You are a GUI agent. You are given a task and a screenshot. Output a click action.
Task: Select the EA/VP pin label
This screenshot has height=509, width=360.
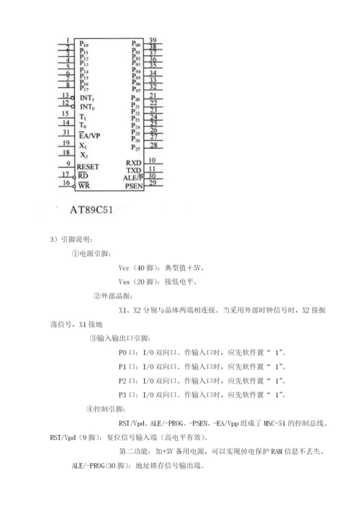tap(91, 135)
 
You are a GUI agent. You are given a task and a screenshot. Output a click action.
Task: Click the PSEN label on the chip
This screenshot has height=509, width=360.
tap(133, 186)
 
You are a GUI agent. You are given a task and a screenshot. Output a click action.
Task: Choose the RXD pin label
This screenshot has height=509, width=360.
tap(133, 163)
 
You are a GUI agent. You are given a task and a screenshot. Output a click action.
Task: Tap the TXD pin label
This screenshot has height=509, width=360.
tap(133, 171)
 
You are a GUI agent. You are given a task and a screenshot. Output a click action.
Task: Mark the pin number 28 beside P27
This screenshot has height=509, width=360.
tap(153, 145)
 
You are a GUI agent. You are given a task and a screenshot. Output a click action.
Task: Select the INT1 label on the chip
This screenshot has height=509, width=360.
tap(88, 97)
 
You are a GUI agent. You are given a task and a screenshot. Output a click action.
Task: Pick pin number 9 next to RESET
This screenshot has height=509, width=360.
tap(66, 163)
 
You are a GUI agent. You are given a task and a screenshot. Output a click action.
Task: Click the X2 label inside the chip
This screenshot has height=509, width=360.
tap(84, 155)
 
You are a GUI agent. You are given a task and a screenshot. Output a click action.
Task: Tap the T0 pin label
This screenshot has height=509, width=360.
tap(84, 125)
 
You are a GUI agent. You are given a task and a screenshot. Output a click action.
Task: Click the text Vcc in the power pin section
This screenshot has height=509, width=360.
tap(125, 266)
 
